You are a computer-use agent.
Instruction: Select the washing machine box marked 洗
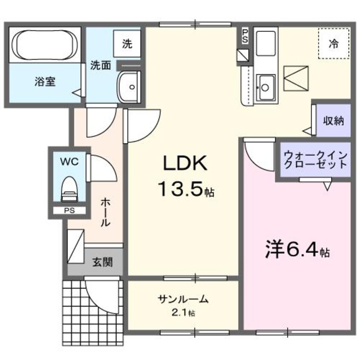pos(127,44)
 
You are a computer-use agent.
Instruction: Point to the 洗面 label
pos(100,65)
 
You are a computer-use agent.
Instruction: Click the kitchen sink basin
pos(265,87)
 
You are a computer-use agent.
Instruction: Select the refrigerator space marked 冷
pos(334,43)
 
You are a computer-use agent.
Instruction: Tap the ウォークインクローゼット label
pos(316,160)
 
